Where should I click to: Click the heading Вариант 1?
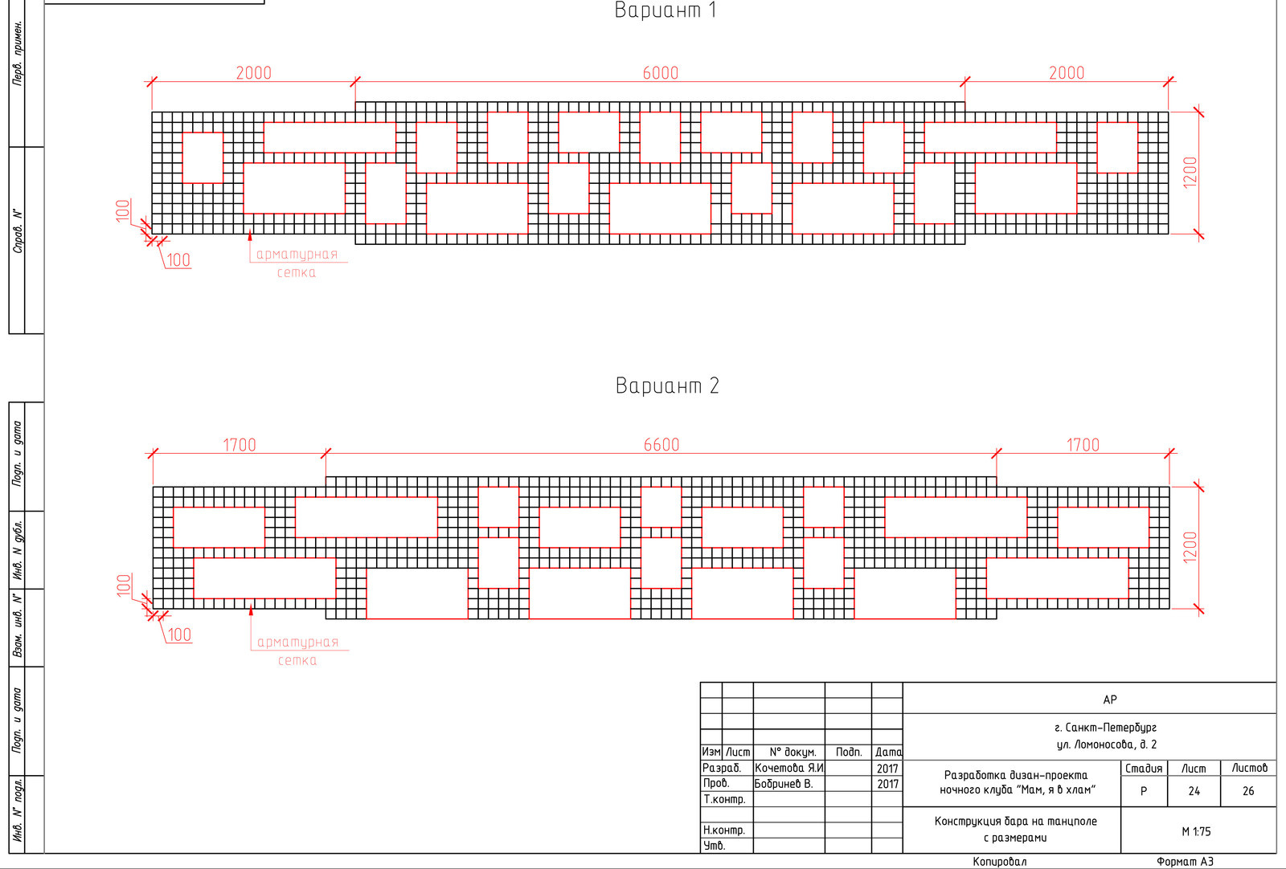(666, 10)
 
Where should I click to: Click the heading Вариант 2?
(667, 386)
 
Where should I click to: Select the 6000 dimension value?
(660, 73)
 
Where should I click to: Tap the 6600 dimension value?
(661, 444)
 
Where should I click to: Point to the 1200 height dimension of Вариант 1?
(1190, 172)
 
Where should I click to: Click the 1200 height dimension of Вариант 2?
(1190, 547)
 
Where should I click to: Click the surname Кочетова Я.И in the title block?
(788, 768)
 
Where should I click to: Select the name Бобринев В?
(784, 784)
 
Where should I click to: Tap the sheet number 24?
(1194, 791)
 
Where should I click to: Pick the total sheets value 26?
(1248, 791)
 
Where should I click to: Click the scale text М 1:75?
(1197, 831)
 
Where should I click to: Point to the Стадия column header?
(1144, 768)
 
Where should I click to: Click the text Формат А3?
(1185, 862)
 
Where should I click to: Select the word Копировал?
(1000, 862)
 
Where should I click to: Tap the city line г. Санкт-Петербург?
(1105, 728)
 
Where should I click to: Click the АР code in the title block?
(1110, 700)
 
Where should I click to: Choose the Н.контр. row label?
(724, 830)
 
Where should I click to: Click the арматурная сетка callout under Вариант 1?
(297, 263)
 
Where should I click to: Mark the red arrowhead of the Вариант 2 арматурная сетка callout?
(251, 611)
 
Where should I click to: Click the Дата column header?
(887, 752)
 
